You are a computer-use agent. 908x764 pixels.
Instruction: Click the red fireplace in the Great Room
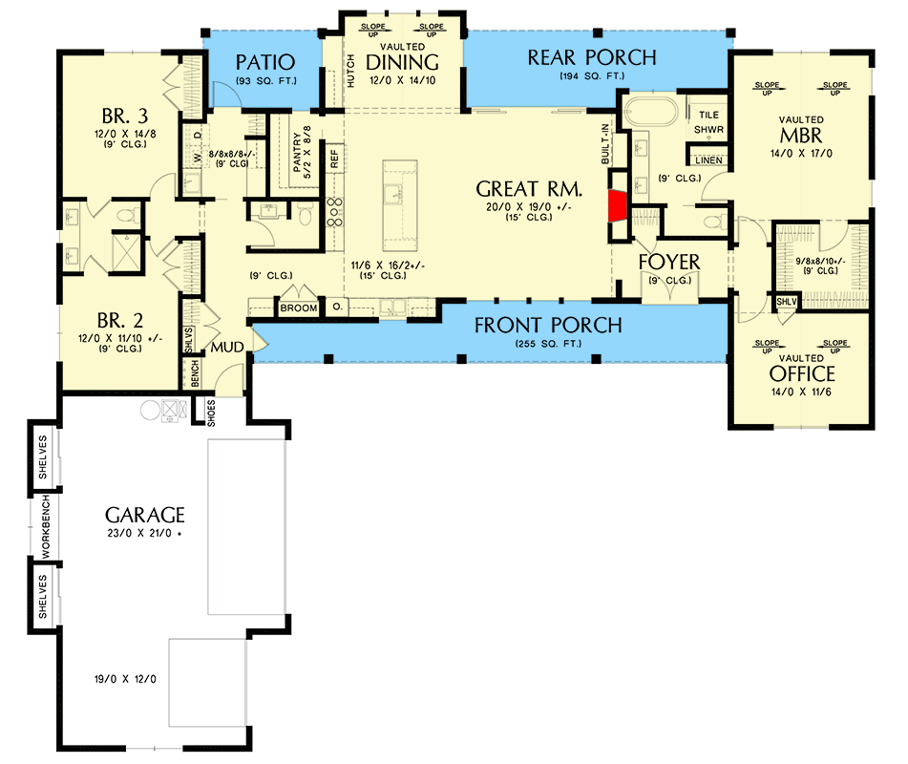617,204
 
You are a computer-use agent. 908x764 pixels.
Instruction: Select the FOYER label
669,262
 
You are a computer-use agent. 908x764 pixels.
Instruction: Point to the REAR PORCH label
592,58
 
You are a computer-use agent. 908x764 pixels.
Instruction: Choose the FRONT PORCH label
548,326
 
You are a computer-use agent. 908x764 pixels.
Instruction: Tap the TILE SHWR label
708,121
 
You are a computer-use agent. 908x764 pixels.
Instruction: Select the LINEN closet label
708,160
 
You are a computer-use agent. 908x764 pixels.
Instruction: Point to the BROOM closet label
299,308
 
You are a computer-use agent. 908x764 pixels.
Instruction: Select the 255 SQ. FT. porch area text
548,343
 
